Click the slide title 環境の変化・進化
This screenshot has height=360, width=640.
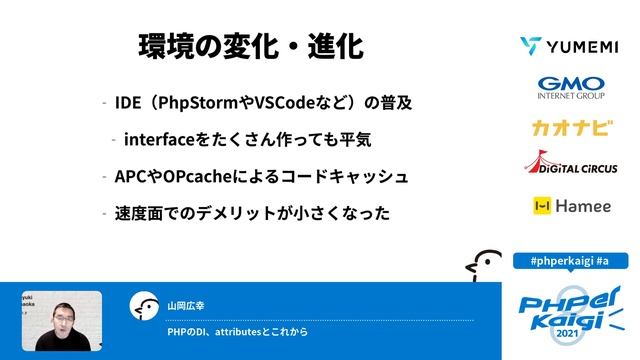point(250,47)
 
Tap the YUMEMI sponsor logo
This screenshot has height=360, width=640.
point(566,46)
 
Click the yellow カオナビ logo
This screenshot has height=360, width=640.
point(566,128)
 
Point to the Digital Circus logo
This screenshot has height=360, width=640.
point(566,165)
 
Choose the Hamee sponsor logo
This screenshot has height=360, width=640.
point(566,206)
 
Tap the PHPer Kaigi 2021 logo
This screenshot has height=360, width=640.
point(568,310)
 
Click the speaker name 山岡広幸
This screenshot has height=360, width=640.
point(186,305)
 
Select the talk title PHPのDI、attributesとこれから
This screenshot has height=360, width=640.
point(237,332)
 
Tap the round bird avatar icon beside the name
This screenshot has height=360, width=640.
point(145,306)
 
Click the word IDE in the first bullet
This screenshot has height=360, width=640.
point(127,103)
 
